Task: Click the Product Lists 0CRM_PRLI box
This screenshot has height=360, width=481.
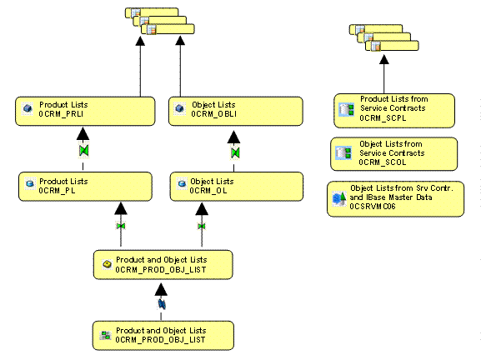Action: point(85,112)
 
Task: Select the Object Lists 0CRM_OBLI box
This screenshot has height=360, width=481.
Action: point(236,112)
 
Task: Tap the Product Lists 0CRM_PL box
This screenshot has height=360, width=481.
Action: point(85,187)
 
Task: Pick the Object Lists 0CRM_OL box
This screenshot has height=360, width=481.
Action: point(237,187)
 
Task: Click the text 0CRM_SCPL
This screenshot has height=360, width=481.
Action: point(383,118)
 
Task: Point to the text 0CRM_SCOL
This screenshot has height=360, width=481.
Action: point(383,162)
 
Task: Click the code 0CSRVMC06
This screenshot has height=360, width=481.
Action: point(373,207)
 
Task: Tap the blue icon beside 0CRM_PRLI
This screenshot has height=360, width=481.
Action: point(28,108)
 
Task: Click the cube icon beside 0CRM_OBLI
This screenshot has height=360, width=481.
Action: point(180,108)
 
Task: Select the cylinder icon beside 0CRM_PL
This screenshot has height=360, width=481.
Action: point(30,183)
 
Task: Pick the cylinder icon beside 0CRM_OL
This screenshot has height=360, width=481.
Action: point(182,183)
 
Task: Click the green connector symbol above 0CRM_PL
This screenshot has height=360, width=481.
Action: point(83,151)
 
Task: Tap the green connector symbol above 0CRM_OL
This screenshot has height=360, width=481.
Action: point(235,152)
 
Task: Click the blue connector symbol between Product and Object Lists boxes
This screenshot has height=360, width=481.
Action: point(162,304)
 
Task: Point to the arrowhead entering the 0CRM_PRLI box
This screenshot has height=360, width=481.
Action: point(83,134)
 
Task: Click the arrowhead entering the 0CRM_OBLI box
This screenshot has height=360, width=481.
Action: point(233,137)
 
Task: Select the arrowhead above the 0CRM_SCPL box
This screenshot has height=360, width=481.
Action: point(384,59)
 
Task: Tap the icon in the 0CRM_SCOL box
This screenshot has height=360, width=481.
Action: point(343,152)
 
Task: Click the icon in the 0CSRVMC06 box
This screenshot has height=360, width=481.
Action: point(339,198)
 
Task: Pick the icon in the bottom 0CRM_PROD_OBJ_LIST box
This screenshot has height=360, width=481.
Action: point(106,335)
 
